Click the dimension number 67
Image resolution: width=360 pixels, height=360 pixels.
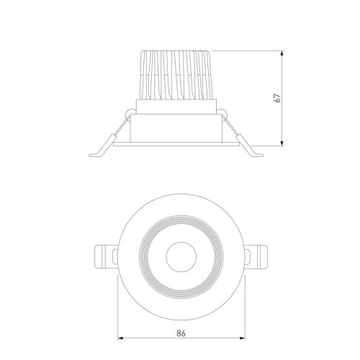click(x=277, y=98)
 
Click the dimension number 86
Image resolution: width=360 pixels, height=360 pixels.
click(x=181, y=333)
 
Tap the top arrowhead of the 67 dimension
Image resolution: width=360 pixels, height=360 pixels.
click(x=282, y=54)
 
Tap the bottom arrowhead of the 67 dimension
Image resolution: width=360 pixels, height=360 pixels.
click(x=282, y=143)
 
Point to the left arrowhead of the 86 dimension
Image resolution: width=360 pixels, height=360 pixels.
click(x=121, y=338)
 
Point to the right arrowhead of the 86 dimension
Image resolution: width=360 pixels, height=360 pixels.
click(x=242, y=338)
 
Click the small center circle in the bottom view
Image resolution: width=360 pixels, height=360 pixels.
click(x=181, y=257)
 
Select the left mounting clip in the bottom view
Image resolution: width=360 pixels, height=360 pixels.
click(x=107, y=257)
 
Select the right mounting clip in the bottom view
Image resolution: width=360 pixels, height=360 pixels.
click(x=256, y=257)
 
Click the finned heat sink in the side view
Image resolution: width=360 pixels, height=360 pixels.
click(x=175, y=75)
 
